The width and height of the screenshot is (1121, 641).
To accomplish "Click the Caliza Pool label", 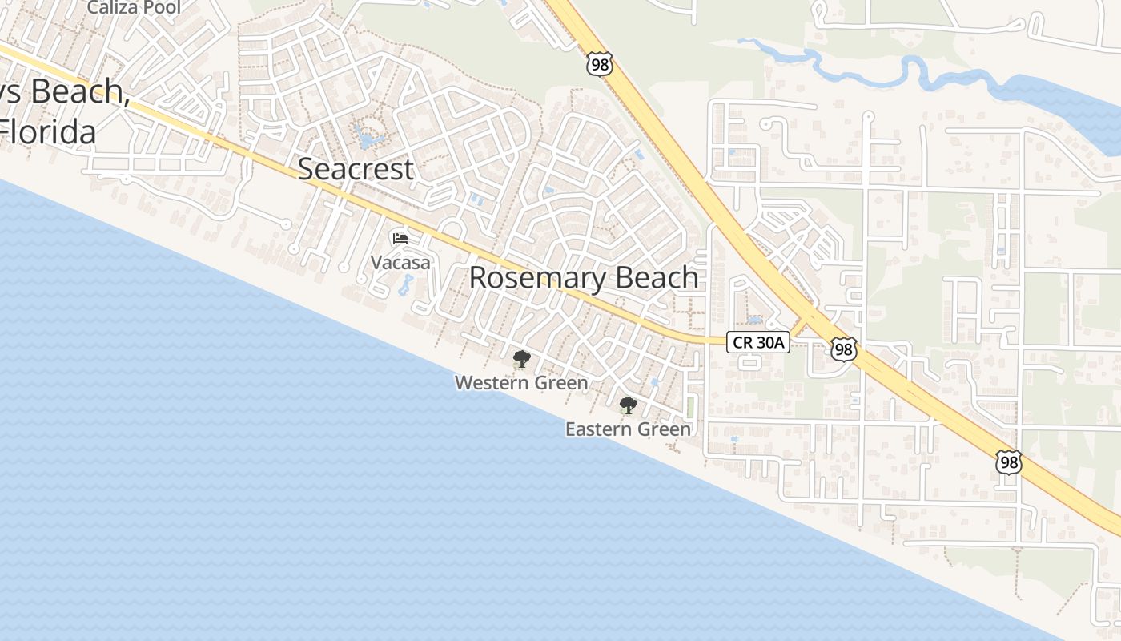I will (134, 8).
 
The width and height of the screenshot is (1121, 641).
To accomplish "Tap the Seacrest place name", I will (356, 169).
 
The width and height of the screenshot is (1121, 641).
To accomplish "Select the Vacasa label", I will (400, 262).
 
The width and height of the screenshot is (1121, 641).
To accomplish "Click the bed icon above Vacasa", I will (400, 239).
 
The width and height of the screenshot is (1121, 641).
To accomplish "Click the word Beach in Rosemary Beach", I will (658, 278).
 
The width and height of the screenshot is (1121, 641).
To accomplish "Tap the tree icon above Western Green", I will (522, 358).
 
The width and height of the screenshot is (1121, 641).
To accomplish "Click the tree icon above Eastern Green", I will (629, 405).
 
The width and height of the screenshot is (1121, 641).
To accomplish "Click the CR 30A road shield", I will (758, 343).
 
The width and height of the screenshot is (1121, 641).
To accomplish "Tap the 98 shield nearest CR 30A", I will (844, 349).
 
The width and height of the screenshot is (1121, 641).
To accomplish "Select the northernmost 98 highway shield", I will (599, 65).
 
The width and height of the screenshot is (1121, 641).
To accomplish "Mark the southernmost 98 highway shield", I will (1009, 462).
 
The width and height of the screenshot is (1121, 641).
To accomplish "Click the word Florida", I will (48, 131).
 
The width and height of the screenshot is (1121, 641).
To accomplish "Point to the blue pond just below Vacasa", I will (406, 284).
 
